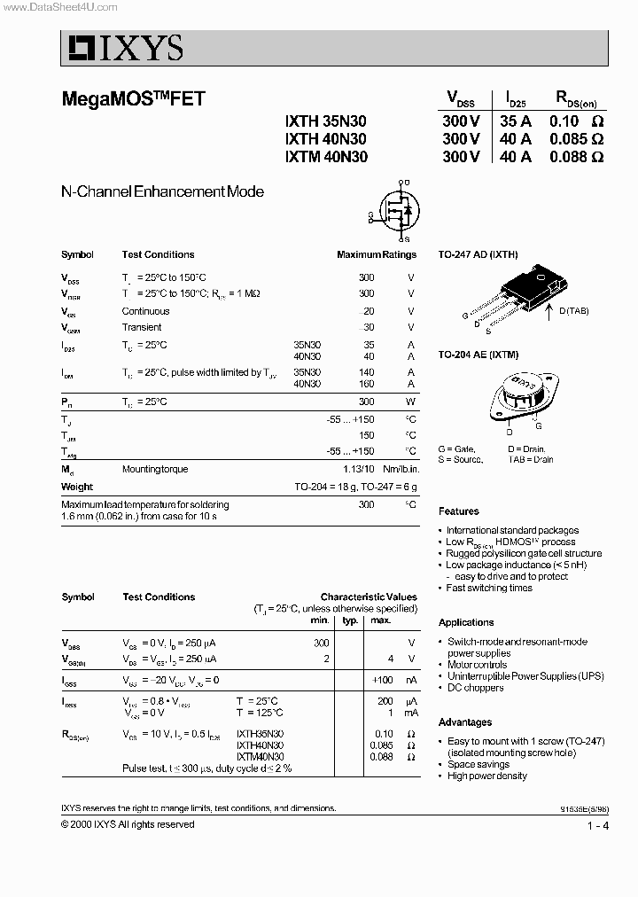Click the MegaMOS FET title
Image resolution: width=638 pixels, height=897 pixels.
133,99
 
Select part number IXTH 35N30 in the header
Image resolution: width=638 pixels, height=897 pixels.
325,121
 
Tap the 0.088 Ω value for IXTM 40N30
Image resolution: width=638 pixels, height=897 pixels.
576,156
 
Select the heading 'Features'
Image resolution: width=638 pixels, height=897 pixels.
458,511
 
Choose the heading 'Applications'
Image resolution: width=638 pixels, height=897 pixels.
466,622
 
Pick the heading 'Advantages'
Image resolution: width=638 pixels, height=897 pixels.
464,722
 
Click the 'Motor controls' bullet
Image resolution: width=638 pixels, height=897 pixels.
477,665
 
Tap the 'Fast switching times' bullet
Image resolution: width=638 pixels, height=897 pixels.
489,588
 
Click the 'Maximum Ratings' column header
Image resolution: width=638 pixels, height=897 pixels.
376,254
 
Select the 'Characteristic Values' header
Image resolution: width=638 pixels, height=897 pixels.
368,597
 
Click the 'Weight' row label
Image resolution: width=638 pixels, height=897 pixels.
77,487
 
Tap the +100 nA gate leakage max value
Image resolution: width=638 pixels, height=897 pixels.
381,680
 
